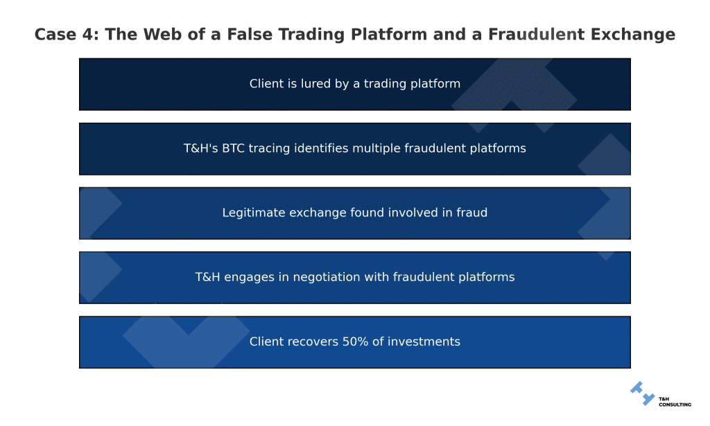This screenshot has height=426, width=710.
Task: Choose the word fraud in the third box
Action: [x=471, y=213]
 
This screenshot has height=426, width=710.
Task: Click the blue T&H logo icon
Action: [x=642, y=393]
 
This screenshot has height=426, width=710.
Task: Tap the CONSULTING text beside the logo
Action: [x=675, y=404]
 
